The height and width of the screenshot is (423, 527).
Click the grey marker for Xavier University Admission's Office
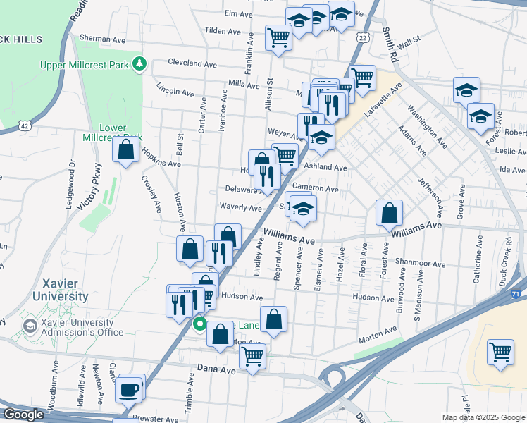click(30, 326)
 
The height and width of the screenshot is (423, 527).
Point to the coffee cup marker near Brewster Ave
click(128, 389)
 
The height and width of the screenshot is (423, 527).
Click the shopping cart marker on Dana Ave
click(252, 356)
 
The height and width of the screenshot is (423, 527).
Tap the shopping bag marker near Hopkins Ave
click(126, 150)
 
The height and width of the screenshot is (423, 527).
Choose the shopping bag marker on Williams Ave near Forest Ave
click(389, 212)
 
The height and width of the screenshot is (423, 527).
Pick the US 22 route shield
click(362, 37)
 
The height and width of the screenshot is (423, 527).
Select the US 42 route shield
click(25, 125)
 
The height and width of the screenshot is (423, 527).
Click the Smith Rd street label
click(388, 43)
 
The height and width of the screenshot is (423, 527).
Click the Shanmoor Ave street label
click(421, 264)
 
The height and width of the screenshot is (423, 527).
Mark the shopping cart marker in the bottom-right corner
click(500, 351)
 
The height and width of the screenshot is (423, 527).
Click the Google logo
click(23, 415)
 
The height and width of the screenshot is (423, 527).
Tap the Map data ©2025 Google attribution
click(483, 417)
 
